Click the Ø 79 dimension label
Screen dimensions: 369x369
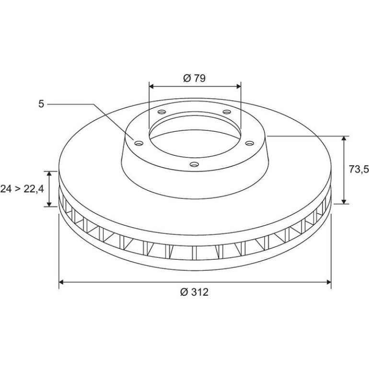(194, 78)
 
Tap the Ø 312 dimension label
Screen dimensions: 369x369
(195, 292)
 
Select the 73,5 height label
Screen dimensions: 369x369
(358, 169)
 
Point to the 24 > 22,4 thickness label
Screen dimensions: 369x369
(22, 189)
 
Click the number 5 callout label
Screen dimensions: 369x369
(41, 104)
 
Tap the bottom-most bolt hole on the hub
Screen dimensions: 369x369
(194, 164)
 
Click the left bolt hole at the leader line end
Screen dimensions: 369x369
(138, 143)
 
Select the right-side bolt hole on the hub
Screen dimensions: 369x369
(250, 143)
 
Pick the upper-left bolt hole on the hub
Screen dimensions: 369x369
(162, 112)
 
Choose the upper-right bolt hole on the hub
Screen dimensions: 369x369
(227, 112)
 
